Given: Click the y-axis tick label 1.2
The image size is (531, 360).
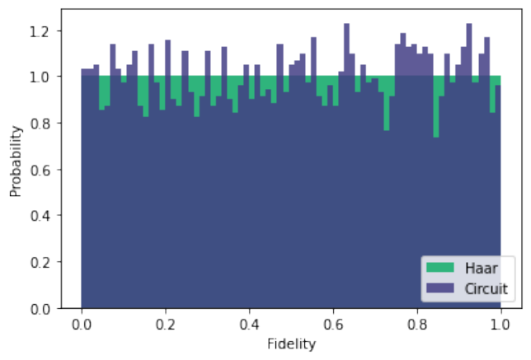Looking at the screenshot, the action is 40,32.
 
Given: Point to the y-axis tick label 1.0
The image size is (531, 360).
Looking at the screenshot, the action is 40,77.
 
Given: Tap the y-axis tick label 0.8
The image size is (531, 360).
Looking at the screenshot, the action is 40,124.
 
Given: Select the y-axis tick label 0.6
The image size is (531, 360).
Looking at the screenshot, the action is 40,171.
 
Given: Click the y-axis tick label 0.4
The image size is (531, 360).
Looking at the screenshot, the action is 40,216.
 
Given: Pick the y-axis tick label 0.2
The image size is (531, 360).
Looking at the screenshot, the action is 40,263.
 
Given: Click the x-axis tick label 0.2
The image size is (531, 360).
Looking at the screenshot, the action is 165,325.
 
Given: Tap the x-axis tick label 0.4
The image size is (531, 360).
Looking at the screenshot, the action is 249,325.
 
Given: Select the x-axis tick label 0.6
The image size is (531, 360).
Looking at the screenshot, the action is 333,325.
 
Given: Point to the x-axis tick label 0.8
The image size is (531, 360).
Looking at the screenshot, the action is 417,325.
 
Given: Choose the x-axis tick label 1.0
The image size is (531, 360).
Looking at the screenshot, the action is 500,325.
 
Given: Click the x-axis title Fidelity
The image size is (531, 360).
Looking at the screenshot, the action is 291,344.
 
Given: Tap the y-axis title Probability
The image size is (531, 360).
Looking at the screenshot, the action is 16,161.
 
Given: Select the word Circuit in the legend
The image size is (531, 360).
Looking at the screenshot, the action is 486,289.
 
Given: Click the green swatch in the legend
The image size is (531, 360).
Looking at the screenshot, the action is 440,268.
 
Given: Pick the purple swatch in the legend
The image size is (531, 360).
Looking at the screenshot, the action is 440,288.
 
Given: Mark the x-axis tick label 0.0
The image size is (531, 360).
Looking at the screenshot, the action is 82,325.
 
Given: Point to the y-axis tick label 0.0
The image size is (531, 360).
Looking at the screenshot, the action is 40,309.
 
